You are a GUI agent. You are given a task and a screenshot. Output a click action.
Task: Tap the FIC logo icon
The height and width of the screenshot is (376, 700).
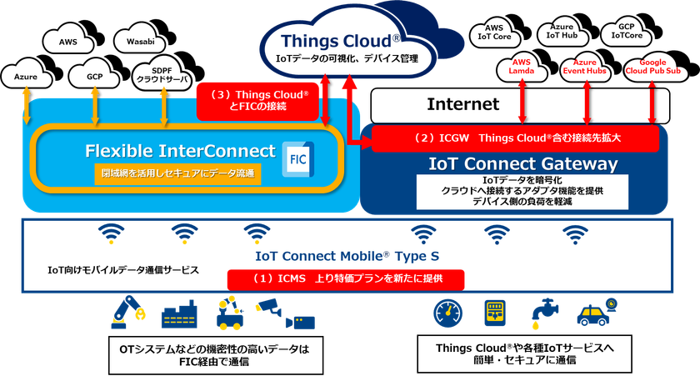[297, 157]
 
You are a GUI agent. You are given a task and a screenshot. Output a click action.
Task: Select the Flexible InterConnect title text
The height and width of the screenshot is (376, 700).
[180, 152]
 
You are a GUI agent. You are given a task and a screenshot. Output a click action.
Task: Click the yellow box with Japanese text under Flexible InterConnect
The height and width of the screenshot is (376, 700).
[177, 174]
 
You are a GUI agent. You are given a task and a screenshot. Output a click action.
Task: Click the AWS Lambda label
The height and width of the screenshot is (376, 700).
[522, 68]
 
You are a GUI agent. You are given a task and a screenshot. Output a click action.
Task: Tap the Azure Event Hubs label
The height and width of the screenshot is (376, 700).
[586, 68]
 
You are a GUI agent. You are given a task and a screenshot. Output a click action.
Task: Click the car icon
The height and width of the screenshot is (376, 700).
[598, 314]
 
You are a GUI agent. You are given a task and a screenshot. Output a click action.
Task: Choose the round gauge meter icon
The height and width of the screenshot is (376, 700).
[446, 314]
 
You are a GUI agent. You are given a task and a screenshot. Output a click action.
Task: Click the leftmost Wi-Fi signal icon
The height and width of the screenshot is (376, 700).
[112, 234]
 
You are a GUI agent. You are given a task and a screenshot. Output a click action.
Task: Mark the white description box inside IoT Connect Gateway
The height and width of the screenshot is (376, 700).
[512, 191]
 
